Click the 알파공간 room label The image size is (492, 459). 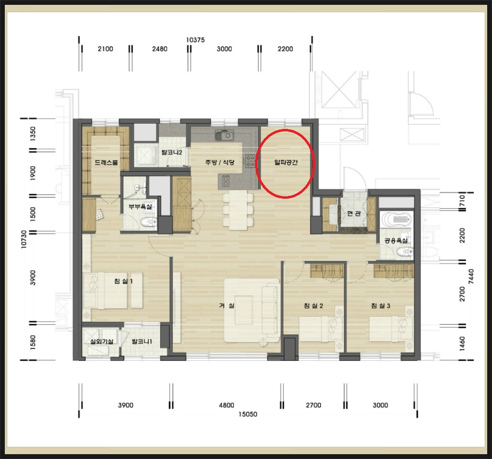point(285,163)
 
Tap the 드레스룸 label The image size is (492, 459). point(106,163)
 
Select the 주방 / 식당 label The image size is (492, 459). point(220,162)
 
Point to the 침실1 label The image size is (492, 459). point(123,281)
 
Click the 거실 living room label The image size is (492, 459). point(227,305)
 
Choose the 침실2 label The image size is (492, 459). point(313,306)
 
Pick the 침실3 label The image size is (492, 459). point(381,306)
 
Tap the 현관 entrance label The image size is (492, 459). point(354,213)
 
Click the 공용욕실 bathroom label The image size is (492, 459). point(396,241)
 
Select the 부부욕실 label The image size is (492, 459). point(140,207)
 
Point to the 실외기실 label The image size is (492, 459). point(102,341)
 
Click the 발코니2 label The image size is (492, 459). point(172,153)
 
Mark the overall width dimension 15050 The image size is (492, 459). point(247,414)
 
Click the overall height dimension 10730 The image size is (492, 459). point(24,240)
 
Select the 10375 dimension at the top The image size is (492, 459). point(195,40)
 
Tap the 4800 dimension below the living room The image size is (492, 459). point(227,405)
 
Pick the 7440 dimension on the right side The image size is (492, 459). point(471,277)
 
